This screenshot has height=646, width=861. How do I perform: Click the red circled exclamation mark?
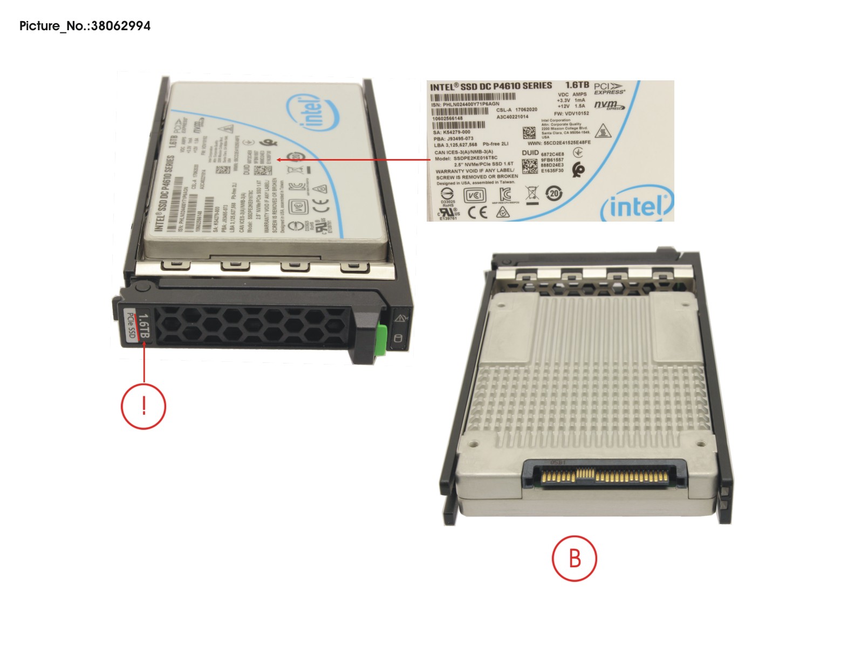(x=143, y=406)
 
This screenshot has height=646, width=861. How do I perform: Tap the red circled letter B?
(x=575, y=558)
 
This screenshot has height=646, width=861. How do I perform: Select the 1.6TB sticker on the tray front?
(x=143, y=326)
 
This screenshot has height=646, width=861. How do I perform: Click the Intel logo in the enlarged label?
(x=638, y=205)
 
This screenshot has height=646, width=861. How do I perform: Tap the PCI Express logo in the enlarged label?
(x=609, y=89)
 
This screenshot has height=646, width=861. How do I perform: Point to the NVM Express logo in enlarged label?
(x=609, y=105)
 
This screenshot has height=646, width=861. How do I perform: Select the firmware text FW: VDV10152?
(x=571, y=114)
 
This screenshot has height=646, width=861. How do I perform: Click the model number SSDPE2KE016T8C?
(x=467, y=158)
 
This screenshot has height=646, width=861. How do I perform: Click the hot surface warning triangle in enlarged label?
(x=602, y=130)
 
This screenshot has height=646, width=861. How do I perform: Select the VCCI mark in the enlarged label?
(x=475, y=195)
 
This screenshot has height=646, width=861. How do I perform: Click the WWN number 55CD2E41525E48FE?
(x=559, y=143)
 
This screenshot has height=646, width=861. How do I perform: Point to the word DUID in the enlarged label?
(x=530, y=153)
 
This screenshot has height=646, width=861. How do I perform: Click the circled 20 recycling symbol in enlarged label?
(x=554, y=193)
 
